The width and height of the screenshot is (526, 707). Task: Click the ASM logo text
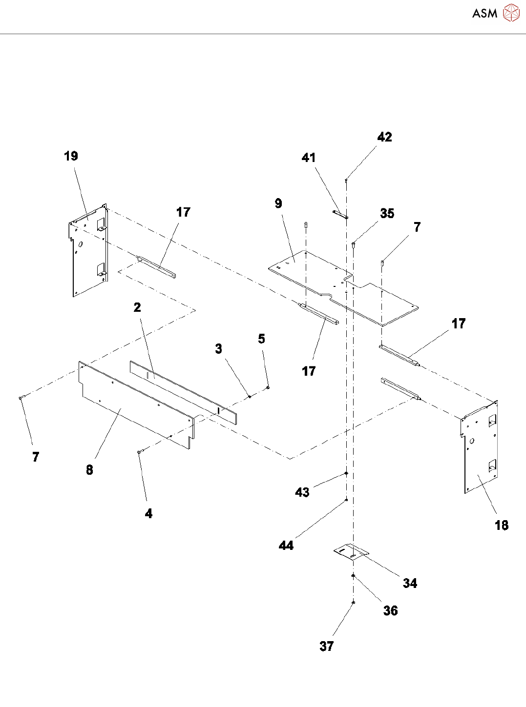point(484,14)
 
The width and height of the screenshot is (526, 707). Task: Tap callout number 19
point(71,156)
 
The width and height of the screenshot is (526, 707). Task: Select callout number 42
point(384,137)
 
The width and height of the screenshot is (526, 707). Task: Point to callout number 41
point(309,158)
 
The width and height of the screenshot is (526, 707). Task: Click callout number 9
point(278,203)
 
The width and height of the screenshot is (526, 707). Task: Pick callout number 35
point(387,214)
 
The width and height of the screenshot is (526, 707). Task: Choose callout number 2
point(137,307)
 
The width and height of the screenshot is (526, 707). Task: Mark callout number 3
point(219,349)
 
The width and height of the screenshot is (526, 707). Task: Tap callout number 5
point(262,339)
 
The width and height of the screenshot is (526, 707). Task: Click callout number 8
point(89,470)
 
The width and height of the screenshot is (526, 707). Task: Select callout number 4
point(148,513)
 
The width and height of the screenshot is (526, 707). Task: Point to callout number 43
point(302,492)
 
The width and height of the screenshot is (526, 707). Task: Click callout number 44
point(286,545)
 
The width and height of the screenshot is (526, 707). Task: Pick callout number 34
point(410,584)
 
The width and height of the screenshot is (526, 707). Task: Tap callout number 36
point(391,611)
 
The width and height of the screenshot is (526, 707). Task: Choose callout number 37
point(327,646)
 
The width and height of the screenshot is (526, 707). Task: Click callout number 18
point(502,525)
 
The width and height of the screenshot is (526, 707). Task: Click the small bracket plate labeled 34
point(351,552)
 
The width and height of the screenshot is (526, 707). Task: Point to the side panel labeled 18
point(481,449)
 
